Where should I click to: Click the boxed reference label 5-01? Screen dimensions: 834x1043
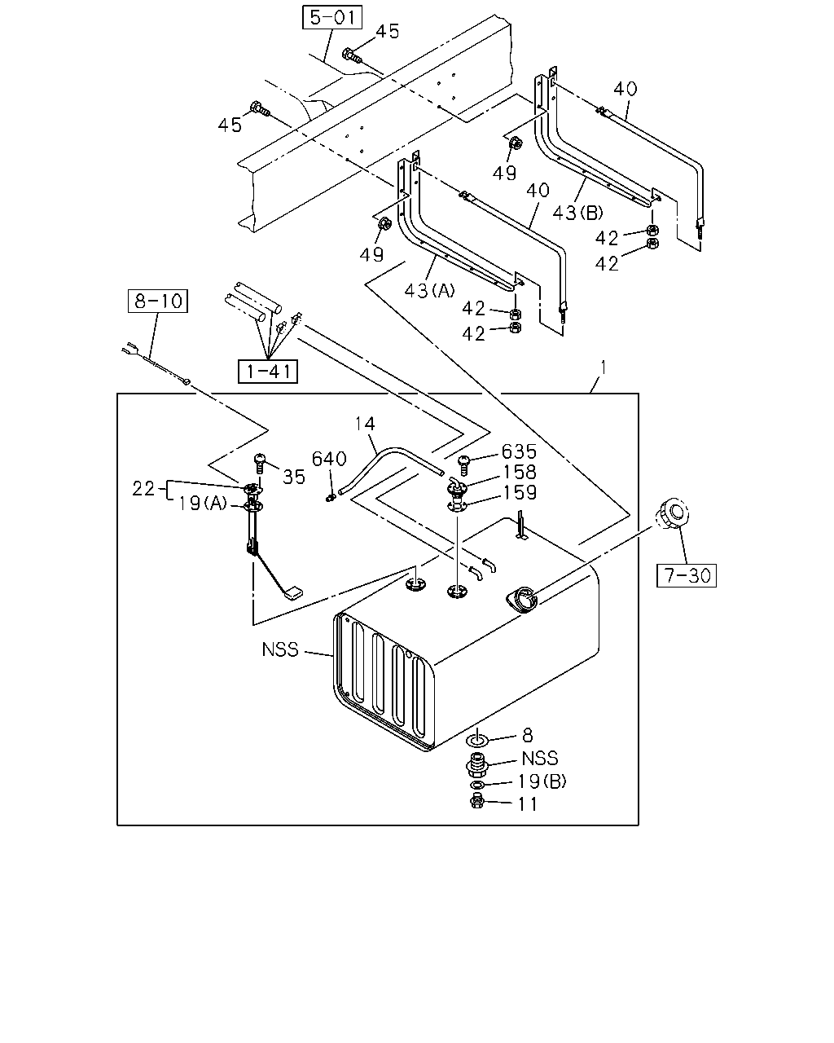tap(332, 17)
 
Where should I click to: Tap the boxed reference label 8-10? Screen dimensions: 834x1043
tap(158, 301)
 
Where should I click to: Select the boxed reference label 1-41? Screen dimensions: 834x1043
tap(268, 372)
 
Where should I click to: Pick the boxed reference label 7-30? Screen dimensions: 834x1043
tap(687, 575)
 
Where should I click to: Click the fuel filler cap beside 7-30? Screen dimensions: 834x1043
tap(673, 513)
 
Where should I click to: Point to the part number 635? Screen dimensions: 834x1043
tap(519, 451)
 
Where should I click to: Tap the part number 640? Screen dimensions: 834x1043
tap(329, 459)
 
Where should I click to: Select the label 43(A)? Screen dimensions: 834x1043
tap(430, 291)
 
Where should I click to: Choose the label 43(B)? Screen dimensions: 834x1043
tap(578, 213)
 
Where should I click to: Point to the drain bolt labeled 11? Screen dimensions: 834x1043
tap(477, 802)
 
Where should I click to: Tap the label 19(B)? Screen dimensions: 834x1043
tap(542, 781)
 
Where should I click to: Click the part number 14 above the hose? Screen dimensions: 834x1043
tap(364, 424)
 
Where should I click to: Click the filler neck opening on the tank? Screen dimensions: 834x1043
tap(521, 599)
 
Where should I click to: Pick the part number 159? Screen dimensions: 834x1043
tap(520, 493)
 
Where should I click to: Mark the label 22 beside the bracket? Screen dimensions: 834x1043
tap(143, 489)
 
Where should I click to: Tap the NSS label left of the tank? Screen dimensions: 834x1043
tap(280, 649)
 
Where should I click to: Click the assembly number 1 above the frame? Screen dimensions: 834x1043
tap(604, 368)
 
